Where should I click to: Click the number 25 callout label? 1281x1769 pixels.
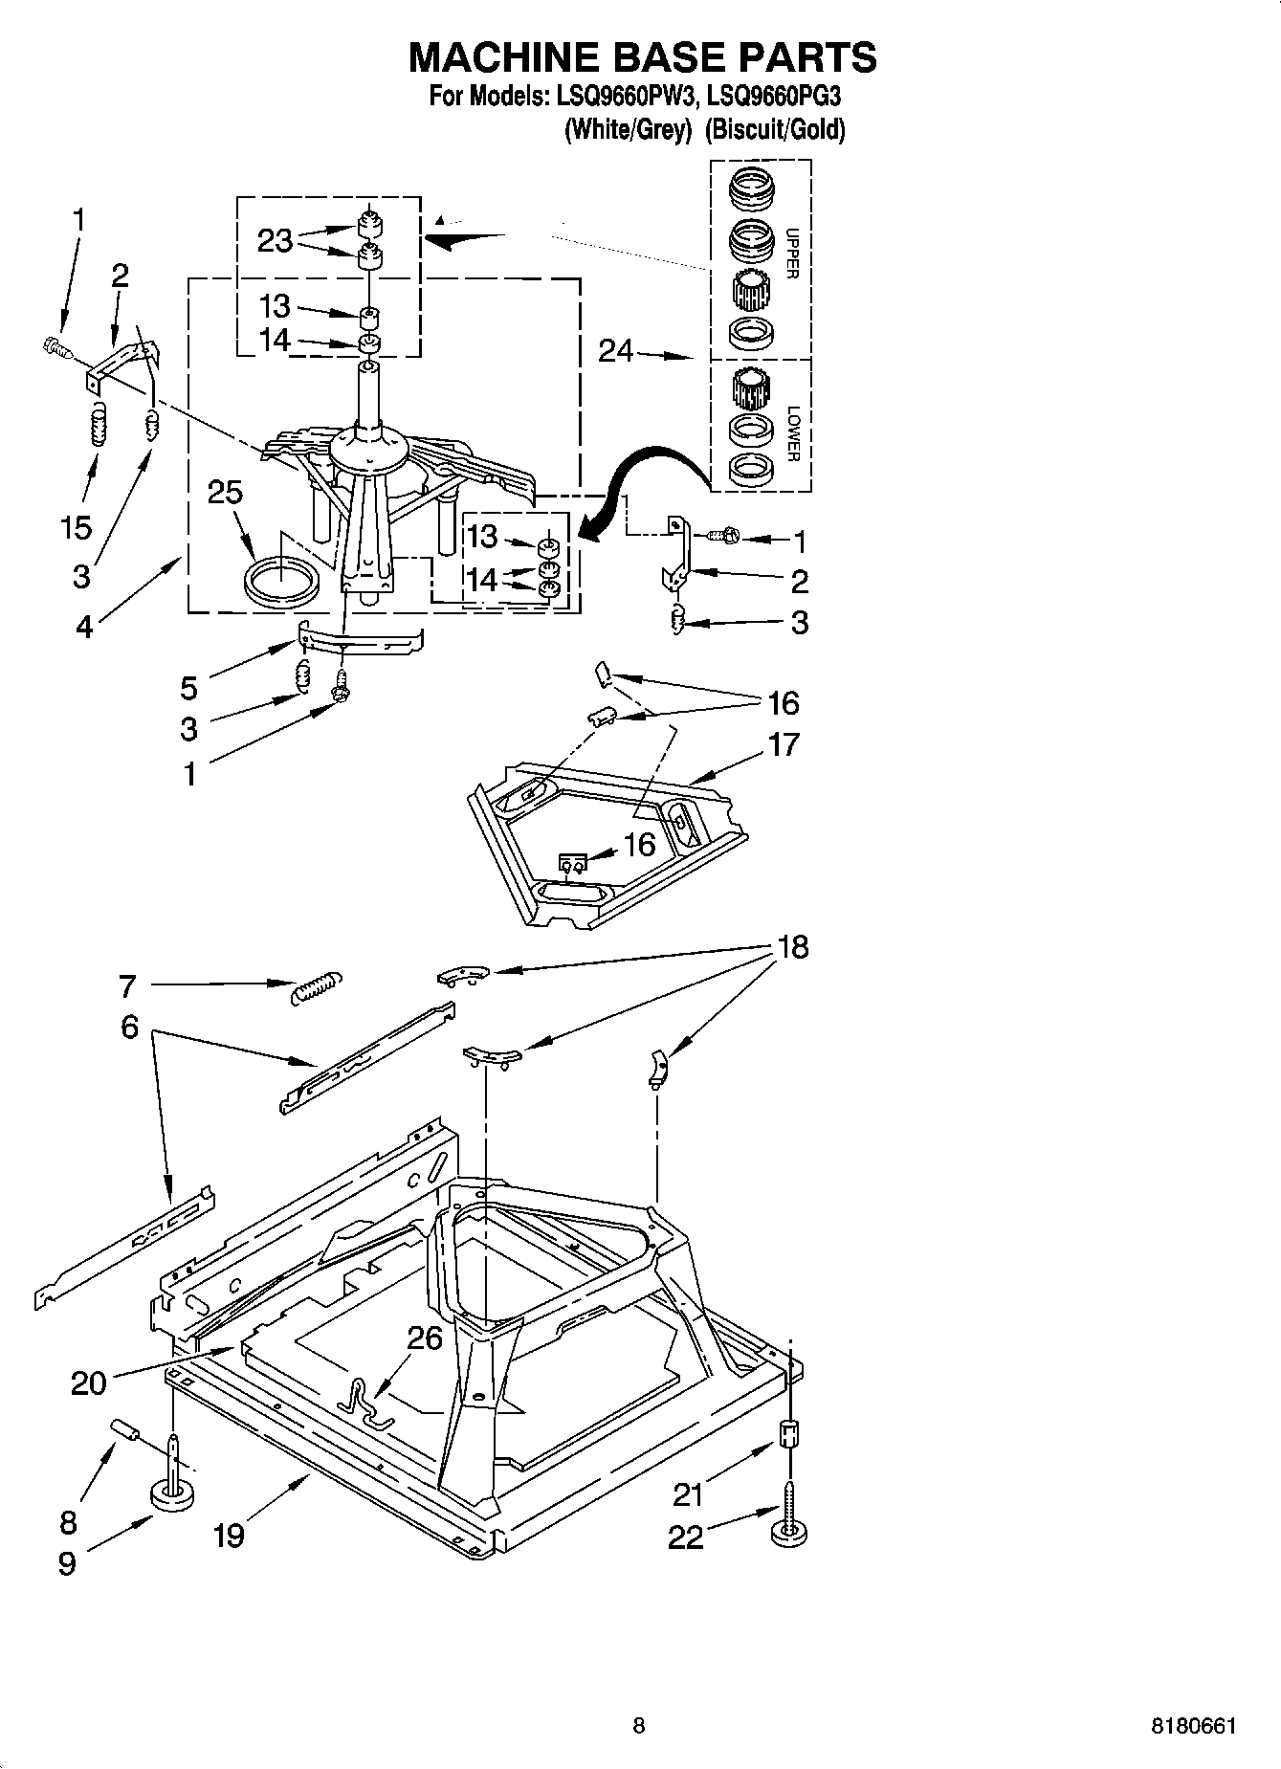point(225,492)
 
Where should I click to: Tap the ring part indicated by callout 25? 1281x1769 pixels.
point(280,581)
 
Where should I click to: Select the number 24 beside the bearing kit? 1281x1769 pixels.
point(616,352)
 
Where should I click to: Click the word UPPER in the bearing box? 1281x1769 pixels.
point(791,254)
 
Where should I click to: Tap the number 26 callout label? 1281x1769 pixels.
point(425,1337)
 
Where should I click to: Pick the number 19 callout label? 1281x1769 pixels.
point(228,1536)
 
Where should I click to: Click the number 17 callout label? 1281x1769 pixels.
point(783,743)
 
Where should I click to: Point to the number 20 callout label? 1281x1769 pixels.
point(88,1382)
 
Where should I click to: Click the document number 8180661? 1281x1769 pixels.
point(1193,1726)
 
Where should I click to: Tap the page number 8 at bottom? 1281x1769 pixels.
point(639,1726)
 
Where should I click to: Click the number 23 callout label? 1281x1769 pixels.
point(275,240)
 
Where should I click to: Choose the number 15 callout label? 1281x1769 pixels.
point(77,527)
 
